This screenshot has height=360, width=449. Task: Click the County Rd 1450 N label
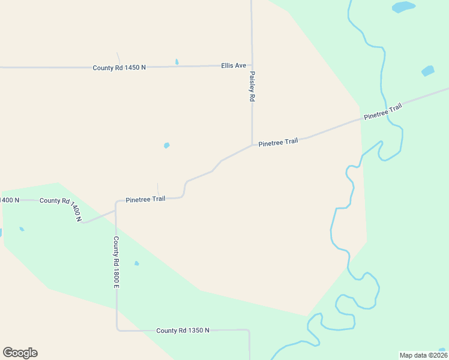pyautogui.click(x=119, y=68)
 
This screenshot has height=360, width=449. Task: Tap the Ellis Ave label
pyautogui.click(x=234, y=65)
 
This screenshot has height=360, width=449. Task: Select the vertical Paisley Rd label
pyautogui.click(x=253, y=87)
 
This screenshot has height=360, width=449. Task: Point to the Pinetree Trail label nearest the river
pyautogui.click(x=382, y=112)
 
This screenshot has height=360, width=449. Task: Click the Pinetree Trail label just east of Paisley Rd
pyautogui.click(x=278, y=142)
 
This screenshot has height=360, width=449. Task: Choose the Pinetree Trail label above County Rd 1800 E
pyautogui.click(x=145, y=199)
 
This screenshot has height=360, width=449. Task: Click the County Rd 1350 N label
pyautogui.click(x=182, y=331)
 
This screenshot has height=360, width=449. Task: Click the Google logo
pyautogui.click(x=20, y=353)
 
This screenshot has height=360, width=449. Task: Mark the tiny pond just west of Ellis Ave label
pyautogui.click(x=176, y=62)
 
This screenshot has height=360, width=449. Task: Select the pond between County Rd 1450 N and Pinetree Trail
pyautogui.click(x=166, y=145)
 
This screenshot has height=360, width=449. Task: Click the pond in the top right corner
pyautogui.click(x=403, y=7)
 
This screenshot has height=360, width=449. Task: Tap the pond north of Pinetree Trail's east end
pyautogui.click(x=427, y=71)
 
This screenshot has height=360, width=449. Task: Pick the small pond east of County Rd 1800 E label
pyautogui.click(x=137, y=263)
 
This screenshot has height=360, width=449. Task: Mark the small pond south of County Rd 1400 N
pyautogui.click(x=22, y=229)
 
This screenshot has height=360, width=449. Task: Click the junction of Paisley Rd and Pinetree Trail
pyautogui.click(x=252, y=144)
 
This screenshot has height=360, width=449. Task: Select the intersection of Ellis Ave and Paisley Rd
pyautogui.click(x=252, y=65)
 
